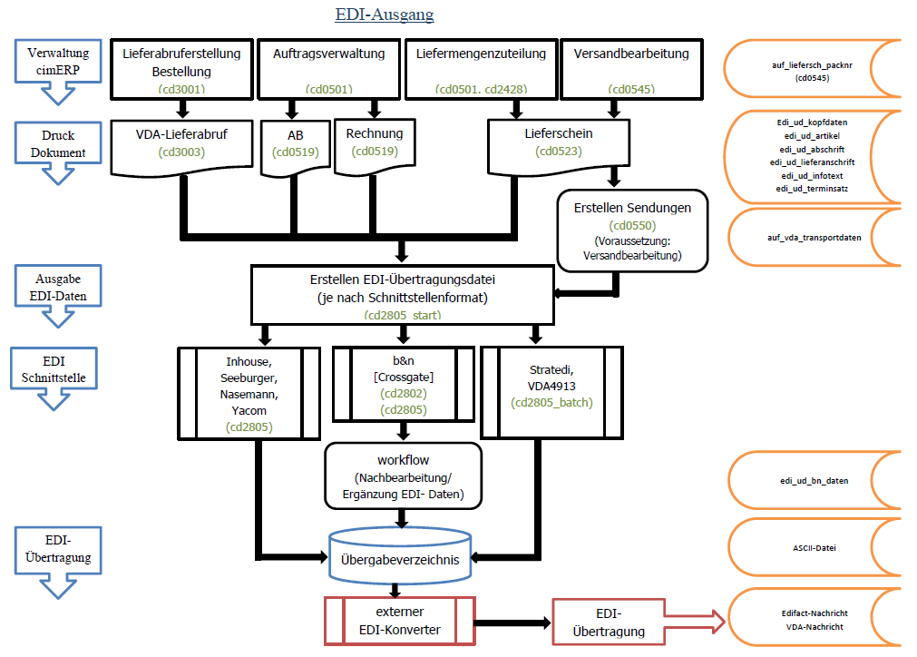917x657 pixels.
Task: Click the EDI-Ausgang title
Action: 385,14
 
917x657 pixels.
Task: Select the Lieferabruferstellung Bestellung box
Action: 182,70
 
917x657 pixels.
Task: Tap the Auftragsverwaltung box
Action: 328,70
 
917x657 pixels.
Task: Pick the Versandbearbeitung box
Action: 631,70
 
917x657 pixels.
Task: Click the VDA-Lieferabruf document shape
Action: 182,146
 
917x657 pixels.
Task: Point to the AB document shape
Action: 296,147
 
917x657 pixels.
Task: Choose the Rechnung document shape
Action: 375,146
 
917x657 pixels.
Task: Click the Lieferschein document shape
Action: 559,146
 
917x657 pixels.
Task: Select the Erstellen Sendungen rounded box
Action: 632,230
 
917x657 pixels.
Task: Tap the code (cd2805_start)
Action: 403,315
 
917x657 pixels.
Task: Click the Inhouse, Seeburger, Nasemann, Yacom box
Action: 249,394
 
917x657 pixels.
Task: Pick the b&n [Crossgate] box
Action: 404,385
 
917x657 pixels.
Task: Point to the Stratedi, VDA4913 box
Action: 551,393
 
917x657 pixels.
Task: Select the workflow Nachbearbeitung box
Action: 404,476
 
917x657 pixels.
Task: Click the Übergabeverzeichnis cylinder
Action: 400,555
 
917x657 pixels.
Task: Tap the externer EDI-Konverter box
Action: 400,621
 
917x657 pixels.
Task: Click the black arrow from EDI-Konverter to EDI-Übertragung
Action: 512,623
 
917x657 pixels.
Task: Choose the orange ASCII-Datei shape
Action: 815,547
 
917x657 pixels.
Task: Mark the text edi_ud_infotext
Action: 812,175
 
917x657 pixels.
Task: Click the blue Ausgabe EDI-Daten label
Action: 58,288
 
